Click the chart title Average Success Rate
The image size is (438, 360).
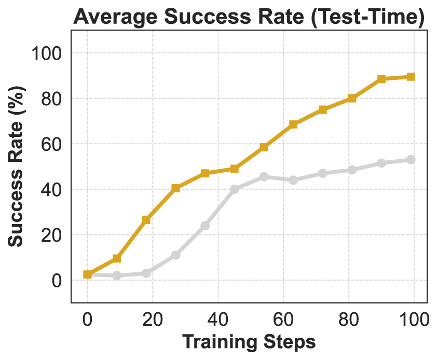[249, 18]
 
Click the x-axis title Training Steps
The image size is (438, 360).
[249, 342]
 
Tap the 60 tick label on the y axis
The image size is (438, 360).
[51, 144]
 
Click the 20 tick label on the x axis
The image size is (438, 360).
[153, 318]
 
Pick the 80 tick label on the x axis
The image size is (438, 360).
[348, 318]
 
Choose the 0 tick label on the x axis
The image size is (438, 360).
[87, 318]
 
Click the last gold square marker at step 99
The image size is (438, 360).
[410, 77]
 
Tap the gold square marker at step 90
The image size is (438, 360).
[381, 79]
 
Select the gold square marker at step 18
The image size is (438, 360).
[146, 220]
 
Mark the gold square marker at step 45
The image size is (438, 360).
[234, 169]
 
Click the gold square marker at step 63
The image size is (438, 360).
[293, 124]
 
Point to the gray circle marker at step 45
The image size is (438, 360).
[234, 189]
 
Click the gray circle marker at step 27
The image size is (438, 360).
[175, 255]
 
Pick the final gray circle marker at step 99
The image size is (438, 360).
[410, 160]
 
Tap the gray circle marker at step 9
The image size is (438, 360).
[117, 275]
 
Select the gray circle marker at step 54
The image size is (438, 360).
[264, 177]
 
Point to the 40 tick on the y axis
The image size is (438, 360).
[51, 189]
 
